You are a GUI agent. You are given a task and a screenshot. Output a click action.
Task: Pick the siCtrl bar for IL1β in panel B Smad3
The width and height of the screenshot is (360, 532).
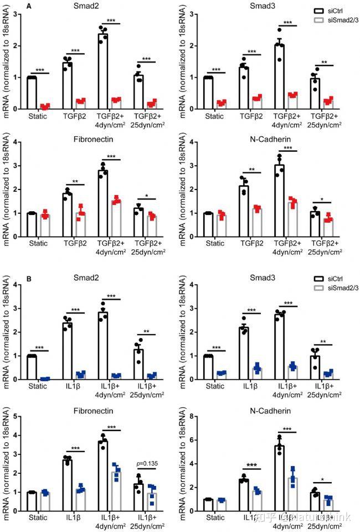[x=242, y=353]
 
